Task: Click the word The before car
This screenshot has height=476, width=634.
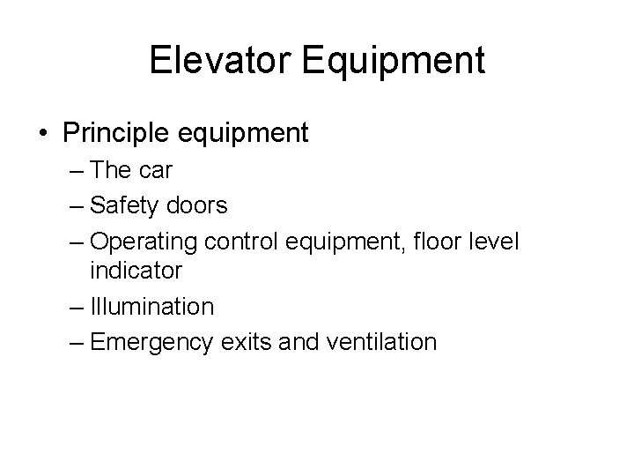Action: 110,171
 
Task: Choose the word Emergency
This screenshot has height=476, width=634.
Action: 151,342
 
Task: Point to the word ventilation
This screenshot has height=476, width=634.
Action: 381,341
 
